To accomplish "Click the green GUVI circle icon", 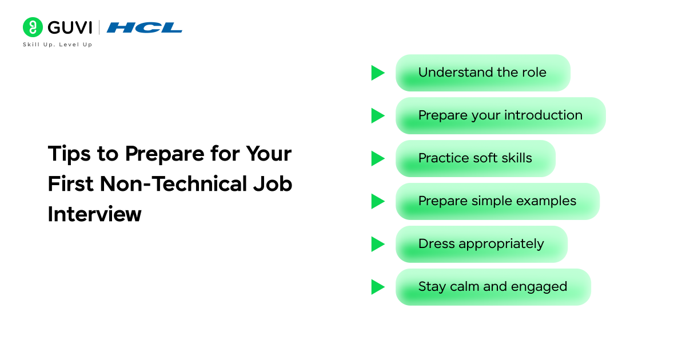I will [33, 27].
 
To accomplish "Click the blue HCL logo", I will [144, 27].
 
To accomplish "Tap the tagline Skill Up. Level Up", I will [57, 45].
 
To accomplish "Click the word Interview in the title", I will [94, 214].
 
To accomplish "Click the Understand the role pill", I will [482, 73].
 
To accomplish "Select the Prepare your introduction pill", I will [500, 115].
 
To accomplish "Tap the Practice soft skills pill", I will [475, 158].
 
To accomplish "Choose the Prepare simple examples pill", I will [497, 201].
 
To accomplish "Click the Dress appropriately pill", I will [481, 244].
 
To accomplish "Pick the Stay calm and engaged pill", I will [493, 287].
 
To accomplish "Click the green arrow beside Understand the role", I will [377, 73].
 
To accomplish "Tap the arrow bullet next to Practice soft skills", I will [377, 158].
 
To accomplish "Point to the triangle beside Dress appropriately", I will [377, 244].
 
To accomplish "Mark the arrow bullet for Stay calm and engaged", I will [377, 287].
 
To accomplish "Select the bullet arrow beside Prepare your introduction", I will [377, 115].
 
